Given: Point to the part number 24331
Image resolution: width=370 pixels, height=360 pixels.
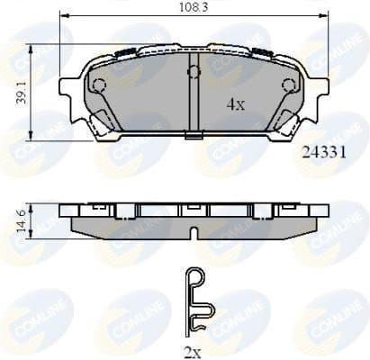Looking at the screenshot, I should click(x=319, y=153).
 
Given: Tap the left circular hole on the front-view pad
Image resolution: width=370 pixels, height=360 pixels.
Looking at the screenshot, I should click(x=99, y=85).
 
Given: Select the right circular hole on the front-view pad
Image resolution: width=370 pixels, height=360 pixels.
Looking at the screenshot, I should click(x=288, y=85).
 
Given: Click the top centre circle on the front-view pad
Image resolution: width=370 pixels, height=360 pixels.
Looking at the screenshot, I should click(x=194, y=71).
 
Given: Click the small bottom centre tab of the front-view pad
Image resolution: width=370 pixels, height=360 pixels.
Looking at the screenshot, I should click(x=194, y=137).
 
